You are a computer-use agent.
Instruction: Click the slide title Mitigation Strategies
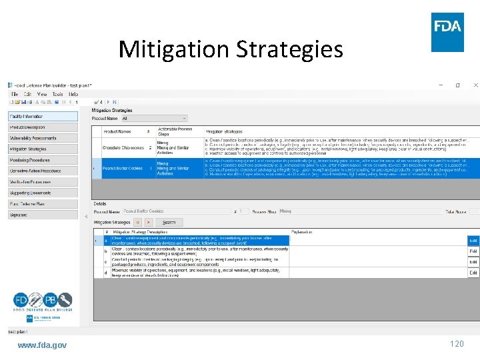coord(231,49)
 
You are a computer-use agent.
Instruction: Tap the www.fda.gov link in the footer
coord(42,345)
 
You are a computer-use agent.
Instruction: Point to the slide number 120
coord(457,344)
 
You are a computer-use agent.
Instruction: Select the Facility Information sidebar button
coord(43,116)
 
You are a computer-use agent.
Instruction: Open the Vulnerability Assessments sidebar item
coord(43,138)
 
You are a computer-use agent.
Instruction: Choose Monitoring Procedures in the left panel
coord(43,160)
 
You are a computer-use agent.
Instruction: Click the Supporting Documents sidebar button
coord(43,193)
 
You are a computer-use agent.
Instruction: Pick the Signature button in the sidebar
coord(43,215)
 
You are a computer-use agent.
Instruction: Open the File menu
coord(15,94)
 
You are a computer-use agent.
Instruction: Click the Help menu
coord(73,94)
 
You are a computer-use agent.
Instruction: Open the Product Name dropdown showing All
coord(154,118)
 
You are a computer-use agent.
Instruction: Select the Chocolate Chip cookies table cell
coord(123,147)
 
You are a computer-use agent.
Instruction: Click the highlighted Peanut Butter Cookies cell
coord(123,169)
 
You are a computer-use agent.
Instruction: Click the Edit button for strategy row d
coord(473,273)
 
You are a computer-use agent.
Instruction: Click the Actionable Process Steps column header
coord(175,131)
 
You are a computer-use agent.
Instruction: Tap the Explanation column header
coord(304,233)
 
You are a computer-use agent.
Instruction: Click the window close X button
coord(475,85)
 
